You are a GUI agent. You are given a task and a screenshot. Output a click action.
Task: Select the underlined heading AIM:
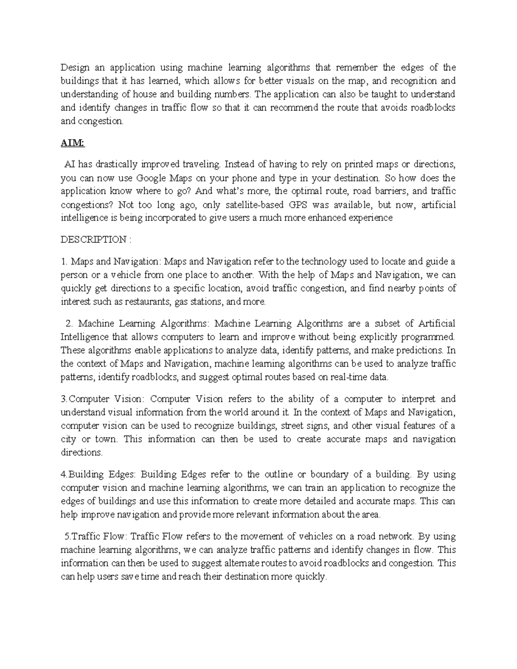(73, 143)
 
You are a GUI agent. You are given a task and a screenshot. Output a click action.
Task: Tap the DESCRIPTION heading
(94, 240)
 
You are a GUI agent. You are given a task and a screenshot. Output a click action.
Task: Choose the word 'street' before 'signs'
(293, 426)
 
